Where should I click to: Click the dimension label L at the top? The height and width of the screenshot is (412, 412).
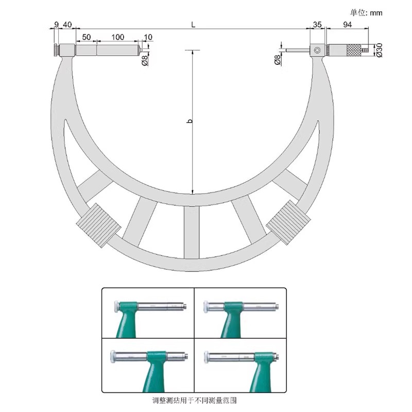[x=193, y=25]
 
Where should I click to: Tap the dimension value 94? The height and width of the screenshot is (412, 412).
[x=347, y=25]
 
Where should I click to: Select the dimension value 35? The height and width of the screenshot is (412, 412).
[x=317, y=25]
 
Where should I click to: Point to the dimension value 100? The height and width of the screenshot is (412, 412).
[x=117, y=37]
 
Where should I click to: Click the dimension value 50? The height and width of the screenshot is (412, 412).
[x=86, y=37]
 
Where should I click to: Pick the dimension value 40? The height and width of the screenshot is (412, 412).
[x=67, y=25]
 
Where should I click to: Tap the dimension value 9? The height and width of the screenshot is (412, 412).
[x=56, y=25]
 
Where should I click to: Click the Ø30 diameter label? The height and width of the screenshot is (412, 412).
[x=379, y=50]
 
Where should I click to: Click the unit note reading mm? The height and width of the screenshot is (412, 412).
[x=376, y=13]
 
